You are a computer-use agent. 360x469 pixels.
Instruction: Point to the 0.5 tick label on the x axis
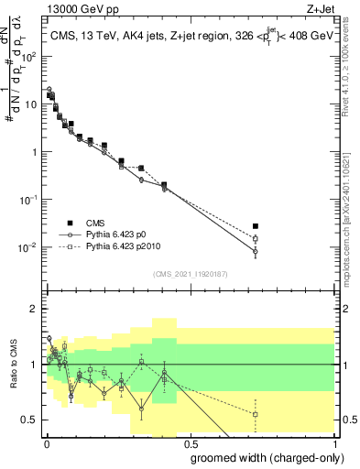tap(190, 443)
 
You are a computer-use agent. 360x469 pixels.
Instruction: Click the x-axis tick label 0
tap(46, 443)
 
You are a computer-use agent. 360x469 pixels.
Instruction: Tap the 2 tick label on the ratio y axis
tap(34, 309)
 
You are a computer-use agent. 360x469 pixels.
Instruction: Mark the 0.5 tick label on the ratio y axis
tap(30, 420)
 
